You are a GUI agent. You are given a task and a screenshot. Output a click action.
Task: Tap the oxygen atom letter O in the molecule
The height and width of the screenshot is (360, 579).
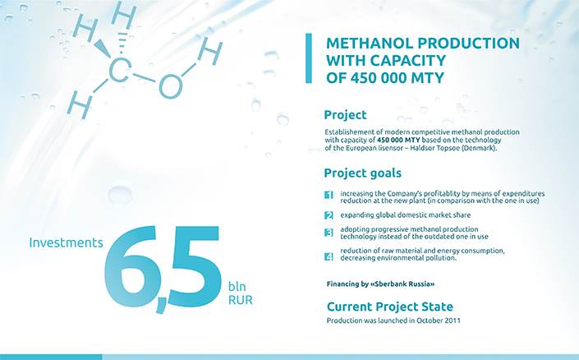tap(170, 86)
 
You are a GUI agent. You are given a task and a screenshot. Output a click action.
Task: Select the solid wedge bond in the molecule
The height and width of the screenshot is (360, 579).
tap(102, 48)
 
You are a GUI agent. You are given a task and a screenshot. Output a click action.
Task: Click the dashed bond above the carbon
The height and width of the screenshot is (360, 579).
tap(122, 43)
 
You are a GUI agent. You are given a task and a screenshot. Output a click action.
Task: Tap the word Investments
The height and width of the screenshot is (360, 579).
tap(66, 242)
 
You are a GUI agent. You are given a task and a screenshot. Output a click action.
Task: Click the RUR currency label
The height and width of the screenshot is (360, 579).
tap(241, 300)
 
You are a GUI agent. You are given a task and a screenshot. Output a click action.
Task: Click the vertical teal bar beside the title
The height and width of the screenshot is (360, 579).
tap(309, 58)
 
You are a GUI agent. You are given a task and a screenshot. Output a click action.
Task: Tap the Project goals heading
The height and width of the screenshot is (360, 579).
tap(363, 173)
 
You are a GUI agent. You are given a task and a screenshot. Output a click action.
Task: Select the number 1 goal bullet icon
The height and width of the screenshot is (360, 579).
tap(329, 195)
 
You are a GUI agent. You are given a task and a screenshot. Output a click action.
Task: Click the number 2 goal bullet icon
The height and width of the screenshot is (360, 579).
tap(329, 215)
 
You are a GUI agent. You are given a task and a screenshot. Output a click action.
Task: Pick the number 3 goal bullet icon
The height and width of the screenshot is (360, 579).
tap(329, 233)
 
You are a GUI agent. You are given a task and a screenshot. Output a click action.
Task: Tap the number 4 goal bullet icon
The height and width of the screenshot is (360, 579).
tap(329, 256)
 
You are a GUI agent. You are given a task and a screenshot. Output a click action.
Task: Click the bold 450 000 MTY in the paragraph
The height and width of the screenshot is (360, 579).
tap(398, 140)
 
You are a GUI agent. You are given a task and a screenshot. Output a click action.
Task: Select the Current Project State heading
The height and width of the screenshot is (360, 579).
tap(390, 307)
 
